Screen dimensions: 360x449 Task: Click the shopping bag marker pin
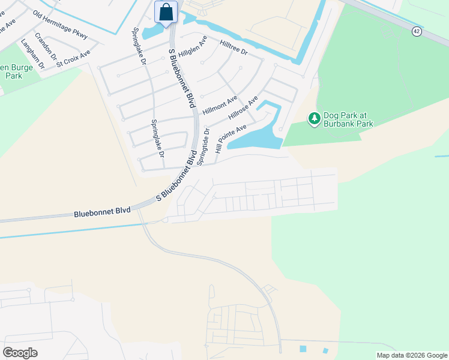click(166, 13)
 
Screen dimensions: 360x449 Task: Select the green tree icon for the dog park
click(314, 119)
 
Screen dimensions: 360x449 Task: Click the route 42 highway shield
click(417, 31)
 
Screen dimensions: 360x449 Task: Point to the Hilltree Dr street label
click(234, 48)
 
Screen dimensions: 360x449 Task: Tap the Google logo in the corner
click(20, 352)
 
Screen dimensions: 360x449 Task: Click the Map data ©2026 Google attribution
click(412, 355)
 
